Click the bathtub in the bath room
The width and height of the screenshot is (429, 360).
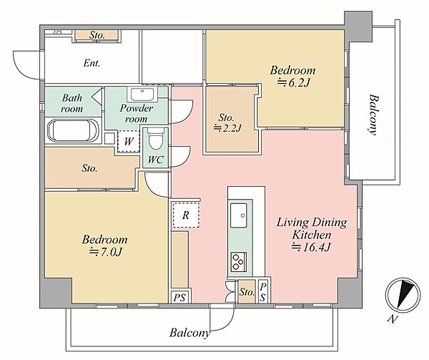pos(74,131)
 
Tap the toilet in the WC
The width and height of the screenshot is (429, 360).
pos(156,139)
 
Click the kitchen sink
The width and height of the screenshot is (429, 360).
pos(239,215)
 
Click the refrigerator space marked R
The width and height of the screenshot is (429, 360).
pos(186,215)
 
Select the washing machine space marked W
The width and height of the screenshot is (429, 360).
pos(128,142)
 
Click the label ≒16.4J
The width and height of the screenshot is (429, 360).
pos(311,247)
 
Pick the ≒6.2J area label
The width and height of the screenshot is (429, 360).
pos(293,82)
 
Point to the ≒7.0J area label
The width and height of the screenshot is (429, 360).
pos(105,252)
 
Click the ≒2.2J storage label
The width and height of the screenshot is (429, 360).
pos(227,128)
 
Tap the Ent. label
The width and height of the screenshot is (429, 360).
pos(92,64)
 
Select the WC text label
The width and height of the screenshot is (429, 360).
pos(156,160)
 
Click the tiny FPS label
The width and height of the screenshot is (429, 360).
pos(57,32)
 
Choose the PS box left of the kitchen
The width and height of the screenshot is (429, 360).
pos(179,297)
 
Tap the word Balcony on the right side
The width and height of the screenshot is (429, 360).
pos(373,115)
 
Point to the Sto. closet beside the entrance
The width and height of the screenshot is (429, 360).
pos(97,35)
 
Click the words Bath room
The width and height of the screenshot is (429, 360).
pos(72,103)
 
